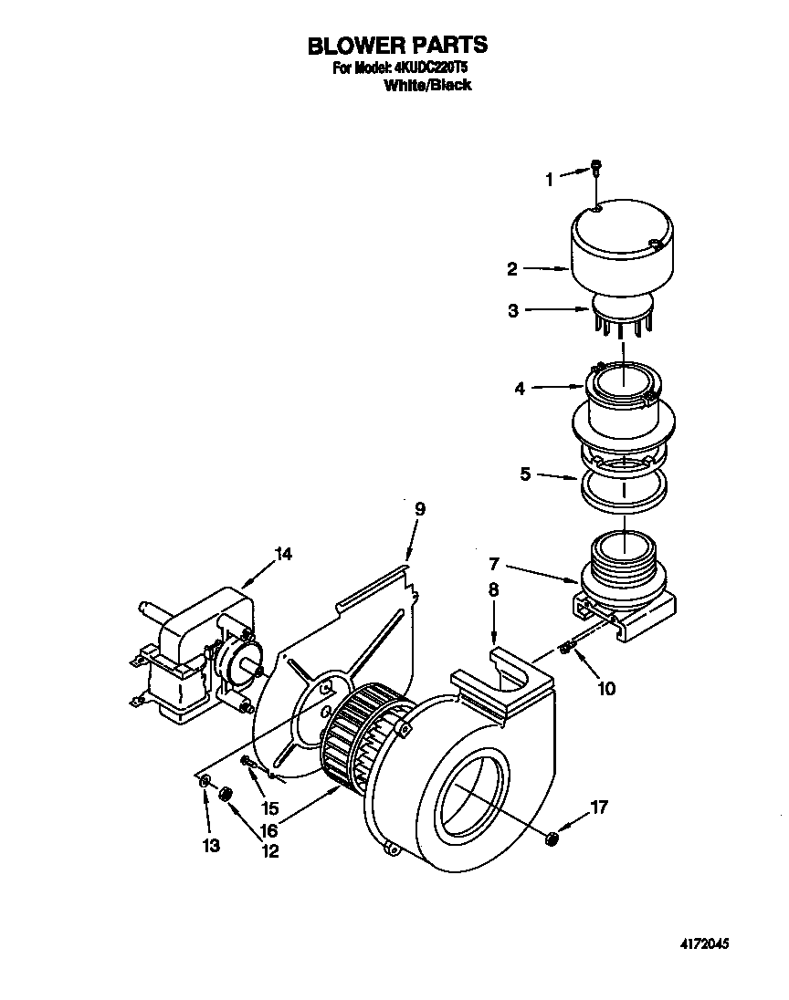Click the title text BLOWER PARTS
[x=396, y=46]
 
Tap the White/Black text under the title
[x=427, y=86]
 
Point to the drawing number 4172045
[x=705, y=944]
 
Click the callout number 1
[x=550, y=180]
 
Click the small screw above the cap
[x=595, y=167]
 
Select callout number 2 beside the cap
[x=512, y=269]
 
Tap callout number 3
[x=514, y=310]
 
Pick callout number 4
[x=520, y=389]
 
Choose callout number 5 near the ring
[x=525, y=474]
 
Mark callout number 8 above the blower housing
[x=493, y=590]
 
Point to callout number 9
[x=420, y=509]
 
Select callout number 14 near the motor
[x=283, y=554]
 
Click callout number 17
[x=598, y=807]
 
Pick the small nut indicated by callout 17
[x=551, y=838]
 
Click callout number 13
[x=211, y=846]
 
